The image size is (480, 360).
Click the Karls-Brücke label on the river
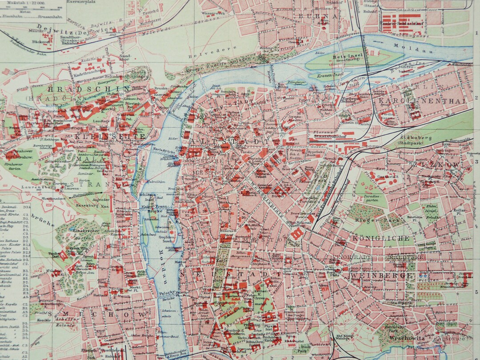[162, 150]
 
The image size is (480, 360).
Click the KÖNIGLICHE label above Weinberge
[381, 239]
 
